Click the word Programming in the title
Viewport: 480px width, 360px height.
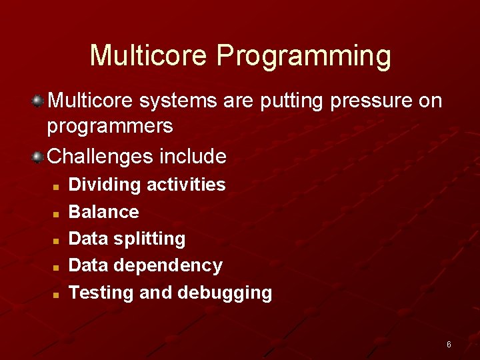pos(303,56)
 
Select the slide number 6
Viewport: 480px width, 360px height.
pos(449,345)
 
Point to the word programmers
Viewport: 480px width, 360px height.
pos(110,126)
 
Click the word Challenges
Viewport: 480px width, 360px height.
pos(101,157)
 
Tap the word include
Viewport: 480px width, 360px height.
pos(193,157)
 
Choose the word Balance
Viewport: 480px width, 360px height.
pos(104,212)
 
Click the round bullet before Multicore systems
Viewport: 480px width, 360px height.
pos(39,101)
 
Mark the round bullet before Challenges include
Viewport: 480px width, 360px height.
pos(39,157)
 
